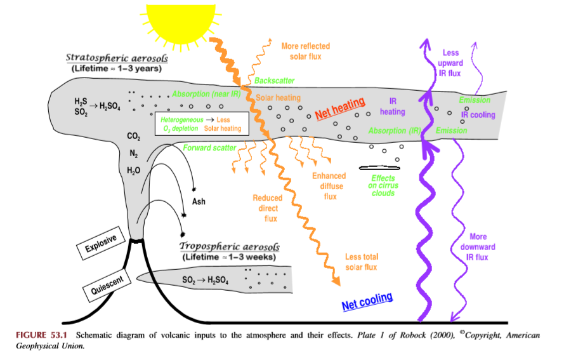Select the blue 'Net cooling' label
[x=367, y=300]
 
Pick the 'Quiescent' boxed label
[x=107, y=283]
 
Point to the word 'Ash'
[x=199, y=202]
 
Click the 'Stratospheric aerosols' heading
[x=117, y=58]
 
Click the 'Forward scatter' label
[x=209, y=148]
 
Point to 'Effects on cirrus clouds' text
[x=383, y=185]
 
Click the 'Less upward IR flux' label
[x=451, y=63]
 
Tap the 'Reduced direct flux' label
[x=268, y=208]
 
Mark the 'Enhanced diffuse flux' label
[x=329, y=186]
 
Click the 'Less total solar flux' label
[x=362, y=262]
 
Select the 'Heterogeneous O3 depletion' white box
[x=201, y=123]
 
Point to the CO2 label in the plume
[x=133, y=137]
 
